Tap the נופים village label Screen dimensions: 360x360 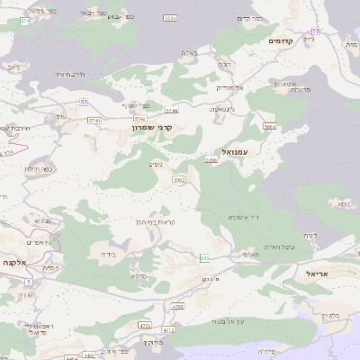(155, 165)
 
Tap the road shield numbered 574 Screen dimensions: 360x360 (25, 22)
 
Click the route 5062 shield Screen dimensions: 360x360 (179, 180)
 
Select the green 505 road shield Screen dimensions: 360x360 (204, 258)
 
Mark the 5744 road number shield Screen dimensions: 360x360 (171, 111)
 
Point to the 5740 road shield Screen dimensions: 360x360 (139, 118)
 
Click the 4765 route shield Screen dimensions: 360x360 (177, 307)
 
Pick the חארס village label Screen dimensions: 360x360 (251, 255)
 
